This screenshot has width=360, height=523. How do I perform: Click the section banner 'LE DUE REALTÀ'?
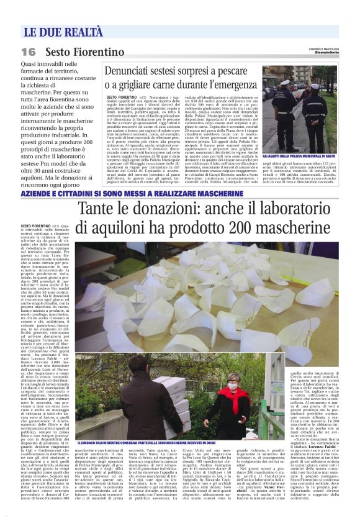point(63,32)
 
